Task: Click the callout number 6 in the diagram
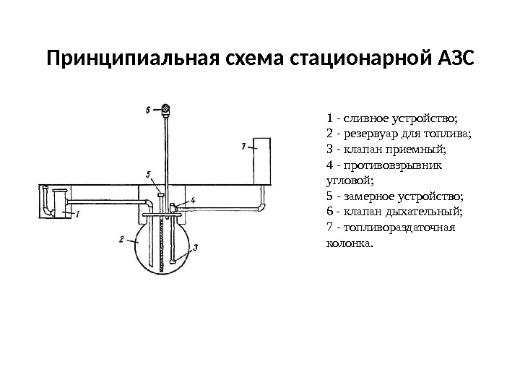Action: [x=148, y=110]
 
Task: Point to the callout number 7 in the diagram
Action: [x=244, y=147]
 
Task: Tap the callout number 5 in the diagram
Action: [x=147, y=174]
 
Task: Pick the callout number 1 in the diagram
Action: [x=77, y=214]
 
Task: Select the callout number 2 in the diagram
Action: [x=122, y=240]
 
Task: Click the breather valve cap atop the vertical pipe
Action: [x=165, y=110]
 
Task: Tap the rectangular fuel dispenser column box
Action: [x=261, y=160]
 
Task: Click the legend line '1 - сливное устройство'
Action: [x=392, y=118]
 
